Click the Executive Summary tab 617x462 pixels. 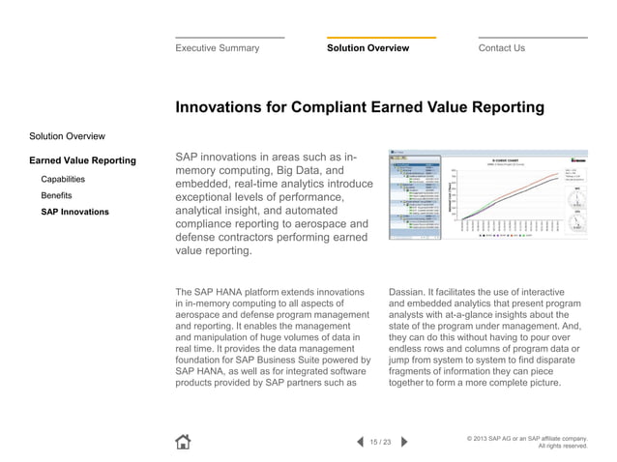point(217,48)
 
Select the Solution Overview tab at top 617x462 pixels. point(367,48)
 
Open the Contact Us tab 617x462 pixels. point(501,48)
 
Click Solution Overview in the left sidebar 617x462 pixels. point(67,136)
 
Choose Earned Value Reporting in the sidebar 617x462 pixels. point(82,159)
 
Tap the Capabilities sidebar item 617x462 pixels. point(62,180)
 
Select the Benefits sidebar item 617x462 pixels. point(56,195)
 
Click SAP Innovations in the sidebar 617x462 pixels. point(74,211)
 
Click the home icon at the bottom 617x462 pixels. point(183,442)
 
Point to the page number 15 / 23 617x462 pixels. point(380,443)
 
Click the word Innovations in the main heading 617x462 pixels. point(220,108)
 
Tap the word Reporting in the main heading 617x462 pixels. point(497,108)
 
